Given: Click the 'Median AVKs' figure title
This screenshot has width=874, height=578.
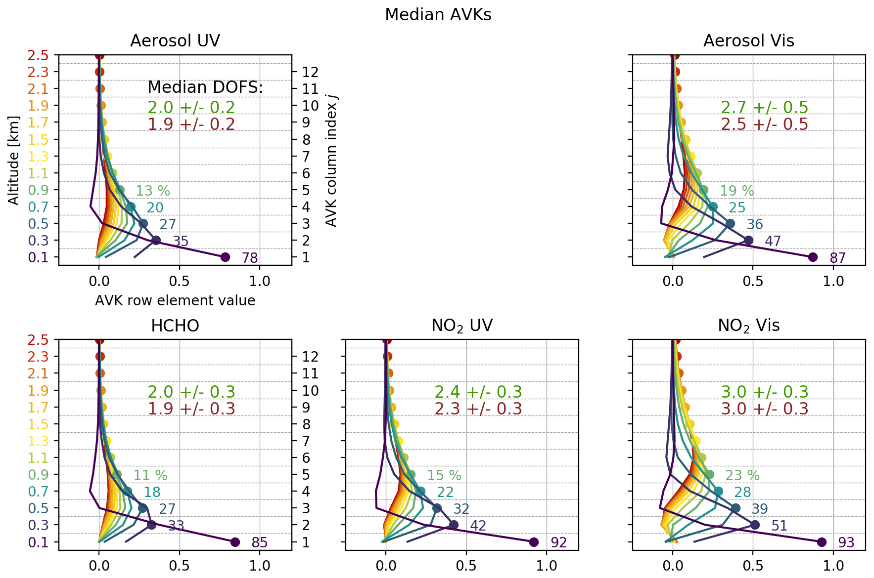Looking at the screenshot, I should coord(438,15).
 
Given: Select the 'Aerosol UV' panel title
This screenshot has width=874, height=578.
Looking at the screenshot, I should coord(175,41).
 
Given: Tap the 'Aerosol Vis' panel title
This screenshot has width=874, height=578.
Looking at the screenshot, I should coord(748,41).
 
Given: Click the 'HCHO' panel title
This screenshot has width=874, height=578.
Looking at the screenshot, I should coord(175,326).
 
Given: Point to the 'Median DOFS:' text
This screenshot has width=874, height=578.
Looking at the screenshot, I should coord(205,87).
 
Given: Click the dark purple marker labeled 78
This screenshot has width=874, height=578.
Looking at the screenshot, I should coord(225,257).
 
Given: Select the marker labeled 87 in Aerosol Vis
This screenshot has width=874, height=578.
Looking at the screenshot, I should coord(812,257).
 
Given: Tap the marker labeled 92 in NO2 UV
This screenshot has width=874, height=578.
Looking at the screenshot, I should coord(534,542).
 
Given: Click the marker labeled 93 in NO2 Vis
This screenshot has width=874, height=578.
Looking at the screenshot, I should coord(822,542).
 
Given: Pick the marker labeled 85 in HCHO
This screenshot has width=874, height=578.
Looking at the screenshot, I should coord(235,542).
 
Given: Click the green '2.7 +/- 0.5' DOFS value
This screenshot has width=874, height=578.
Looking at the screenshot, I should coord(764,107).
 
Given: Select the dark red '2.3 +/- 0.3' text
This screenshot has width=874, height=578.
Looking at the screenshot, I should coord(478,409).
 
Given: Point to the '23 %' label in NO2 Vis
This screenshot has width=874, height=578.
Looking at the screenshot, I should coord(742,475).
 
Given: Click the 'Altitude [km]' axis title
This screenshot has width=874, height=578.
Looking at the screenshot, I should coord(13,160).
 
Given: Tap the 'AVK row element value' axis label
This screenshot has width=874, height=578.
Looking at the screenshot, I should coord(175,300).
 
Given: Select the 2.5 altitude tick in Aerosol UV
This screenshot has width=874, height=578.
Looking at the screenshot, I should coord(38,55).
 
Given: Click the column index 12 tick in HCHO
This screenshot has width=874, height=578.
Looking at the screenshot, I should coord(311,356).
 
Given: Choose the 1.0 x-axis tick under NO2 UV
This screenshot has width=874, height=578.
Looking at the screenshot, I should coord(547,565).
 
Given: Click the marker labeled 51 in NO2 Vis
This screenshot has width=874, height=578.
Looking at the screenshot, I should coord(755,525).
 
